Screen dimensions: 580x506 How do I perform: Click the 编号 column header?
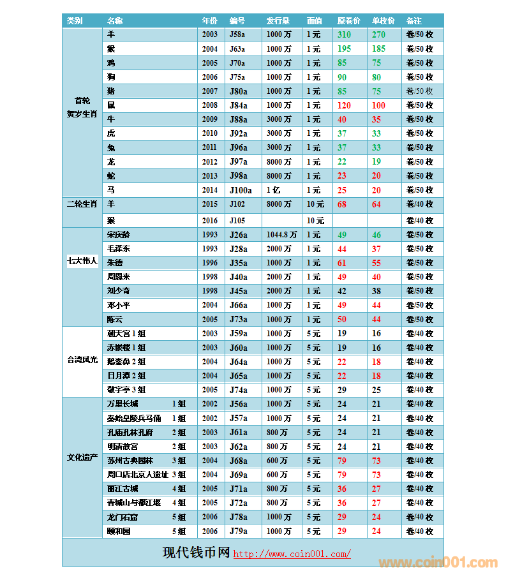(x=237, y=21)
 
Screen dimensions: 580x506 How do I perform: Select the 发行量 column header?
(x=278, y=21)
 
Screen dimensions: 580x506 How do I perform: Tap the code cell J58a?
(x=237, y=35)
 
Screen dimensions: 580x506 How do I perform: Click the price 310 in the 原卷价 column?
(x=344, y=35)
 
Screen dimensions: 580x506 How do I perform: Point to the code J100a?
(x=241, y=190)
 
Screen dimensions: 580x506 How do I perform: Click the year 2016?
(x=209, y=221)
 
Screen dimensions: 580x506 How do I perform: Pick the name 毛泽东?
(x=119, y=249)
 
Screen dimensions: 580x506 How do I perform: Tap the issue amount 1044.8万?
(x=281, y=235)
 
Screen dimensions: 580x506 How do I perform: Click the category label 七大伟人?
(x=82, y=261)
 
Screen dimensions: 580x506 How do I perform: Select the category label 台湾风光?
(x=82, y=360)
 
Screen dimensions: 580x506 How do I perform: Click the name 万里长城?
(x=123, y=404)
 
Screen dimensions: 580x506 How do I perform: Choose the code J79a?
(x=238, y=531)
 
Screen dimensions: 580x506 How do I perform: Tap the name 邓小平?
(x=119, y=305)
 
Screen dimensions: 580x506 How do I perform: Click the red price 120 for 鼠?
(x=344, y=105)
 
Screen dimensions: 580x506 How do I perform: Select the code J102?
(x=237, y=204)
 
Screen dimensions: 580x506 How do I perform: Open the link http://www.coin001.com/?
(x=292, y=554)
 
